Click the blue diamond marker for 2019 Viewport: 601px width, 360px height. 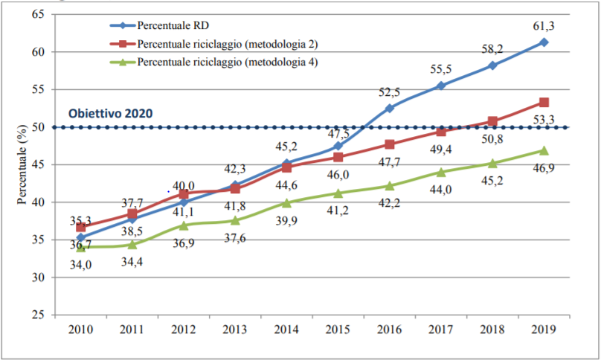coord(544,42)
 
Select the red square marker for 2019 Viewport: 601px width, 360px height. coord(544,103)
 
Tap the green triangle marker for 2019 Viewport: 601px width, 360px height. coord(544,150)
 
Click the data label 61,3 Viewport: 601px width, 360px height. coord(544,26)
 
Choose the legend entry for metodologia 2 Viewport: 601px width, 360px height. coord(226,45)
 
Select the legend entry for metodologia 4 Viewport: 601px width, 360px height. coord(226,62)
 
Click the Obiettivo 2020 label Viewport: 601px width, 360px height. coord(110,114)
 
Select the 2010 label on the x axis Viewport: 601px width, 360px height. coord(80,328)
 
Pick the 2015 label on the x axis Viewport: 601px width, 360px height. coord(338,328)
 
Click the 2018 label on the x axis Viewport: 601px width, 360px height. coord(492,328)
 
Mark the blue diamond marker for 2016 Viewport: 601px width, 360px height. coord(389,108)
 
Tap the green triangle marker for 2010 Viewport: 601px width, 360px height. coord(80,247)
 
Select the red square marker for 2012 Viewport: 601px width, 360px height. coord(183,193)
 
